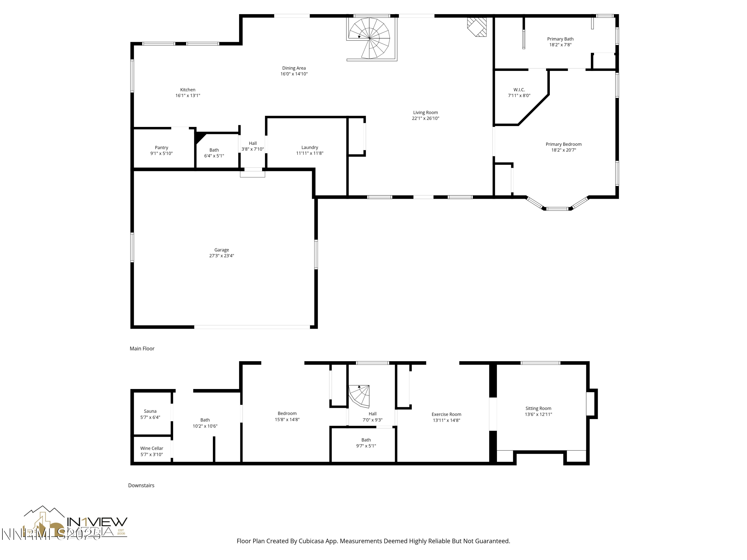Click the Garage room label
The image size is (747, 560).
(x=222, y=250)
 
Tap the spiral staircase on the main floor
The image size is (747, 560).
(x=370, y=38)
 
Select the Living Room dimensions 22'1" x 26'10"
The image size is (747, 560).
(x=425, y=118)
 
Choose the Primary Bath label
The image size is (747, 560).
(x=560, y=39)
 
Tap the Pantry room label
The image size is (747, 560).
(x=161, y=148)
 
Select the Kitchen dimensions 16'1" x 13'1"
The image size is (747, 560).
(x=188, y=96)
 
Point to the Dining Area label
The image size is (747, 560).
(x=294, y=68)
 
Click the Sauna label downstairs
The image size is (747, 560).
(x=150, y=411)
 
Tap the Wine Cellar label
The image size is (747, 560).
(x=152, y=448)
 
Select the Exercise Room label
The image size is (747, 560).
(x=446, y=414)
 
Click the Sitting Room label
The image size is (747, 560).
(x=538, y=408)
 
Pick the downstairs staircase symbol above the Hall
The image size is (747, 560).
(x=360, y=396)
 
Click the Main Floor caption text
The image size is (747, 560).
(x=142, y=349)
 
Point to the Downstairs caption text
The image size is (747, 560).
(x=141, y=485)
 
